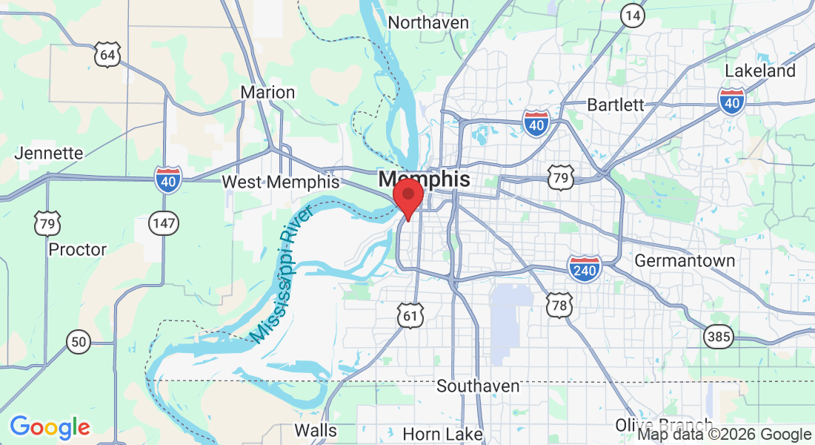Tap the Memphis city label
(x=424, y=179)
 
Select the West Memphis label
(x=281, y=182)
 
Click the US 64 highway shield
(x=107, y=55)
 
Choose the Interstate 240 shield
(x=584, y=268)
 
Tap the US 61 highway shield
(x=409, y=315)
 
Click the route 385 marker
(x=719, y=337)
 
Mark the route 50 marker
(x=78, y=342)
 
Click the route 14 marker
(x=632, y=15)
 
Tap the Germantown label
(x=685, y=261)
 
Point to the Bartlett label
(x=615, y=105)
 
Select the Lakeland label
(x=759, y=71)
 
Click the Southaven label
(x=478, y=386)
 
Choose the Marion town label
(x=267, y=93)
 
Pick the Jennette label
(x=49, y=154)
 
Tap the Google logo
(x=50, y=427)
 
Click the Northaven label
(x=428, y=23)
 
